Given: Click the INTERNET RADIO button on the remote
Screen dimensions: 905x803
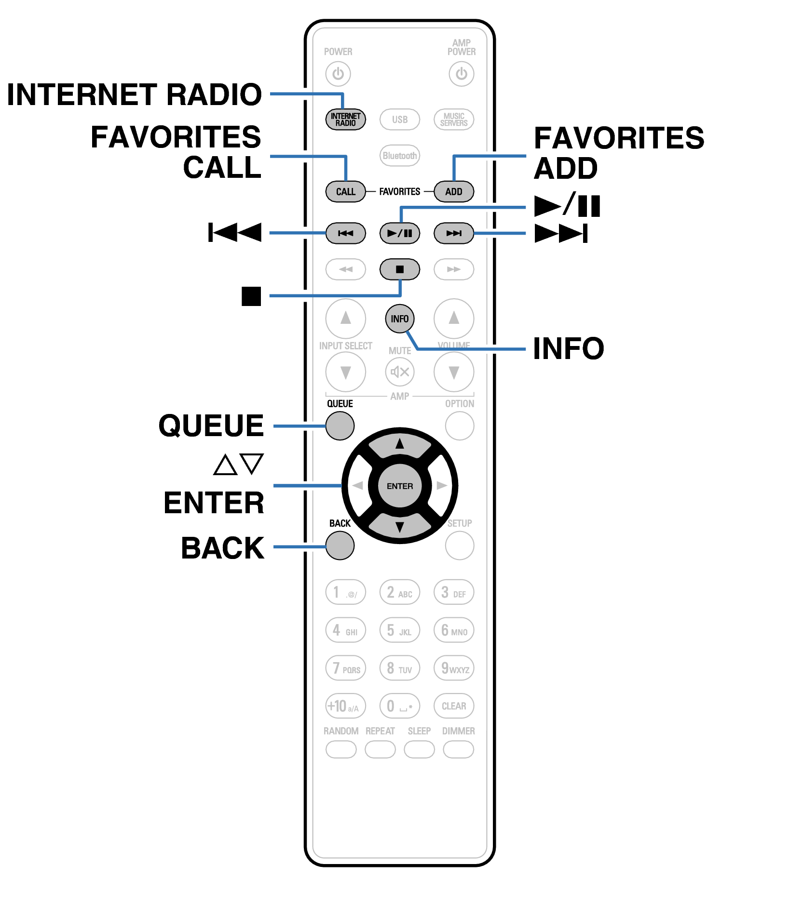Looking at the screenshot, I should (x=345, y=120).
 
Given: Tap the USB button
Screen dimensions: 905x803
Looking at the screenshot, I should (x=399, y=120).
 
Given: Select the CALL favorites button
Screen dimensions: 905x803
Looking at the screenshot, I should (x=345, y=192).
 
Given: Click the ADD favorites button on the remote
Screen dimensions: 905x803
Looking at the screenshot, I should (x=453, y=192).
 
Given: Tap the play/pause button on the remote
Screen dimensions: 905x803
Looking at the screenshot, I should (x=399, y=233).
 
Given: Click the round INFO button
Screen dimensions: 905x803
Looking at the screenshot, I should (x=399, y=319).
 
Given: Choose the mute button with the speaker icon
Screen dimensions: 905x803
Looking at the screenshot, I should (x=399, y=372).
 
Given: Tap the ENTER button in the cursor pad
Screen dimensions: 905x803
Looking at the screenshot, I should (x=399, y=486).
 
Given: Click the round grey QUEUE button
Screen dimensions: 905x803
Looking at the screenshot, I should (x=340, y=426).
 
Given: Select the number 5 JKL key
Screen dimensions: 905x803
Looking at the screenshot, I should (x=399, y=630).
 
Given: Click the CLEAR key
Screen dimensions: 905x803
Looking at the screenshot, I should (x=453, y=706).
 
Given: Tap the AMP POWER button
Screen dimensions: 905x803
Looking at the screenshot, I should (x=461, y=74).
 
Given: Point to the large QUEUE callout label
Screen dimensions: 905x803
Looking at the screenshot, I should (x=211, y=426).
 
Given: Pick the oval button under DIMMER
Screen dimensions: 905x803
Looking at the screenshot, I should (x=458, y=750).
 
